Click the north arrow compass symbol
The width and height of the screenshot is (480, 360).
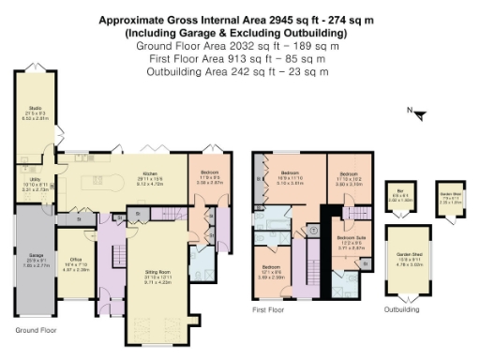click(418, 114)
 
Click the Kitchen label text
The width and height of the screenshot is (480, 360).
click(149, 173)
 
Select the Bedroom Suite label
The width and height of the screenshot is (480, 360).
click(351, 240)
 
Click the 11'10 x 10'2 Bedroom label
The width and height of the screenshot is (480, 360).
click(349, 174)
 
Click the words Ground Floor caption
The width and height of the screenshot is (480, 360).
click(37, 330)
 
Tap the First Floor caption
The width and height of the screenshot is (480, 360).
click(268, 308)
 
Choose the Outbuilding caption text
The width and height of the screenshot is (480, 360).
click(402, 308)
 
